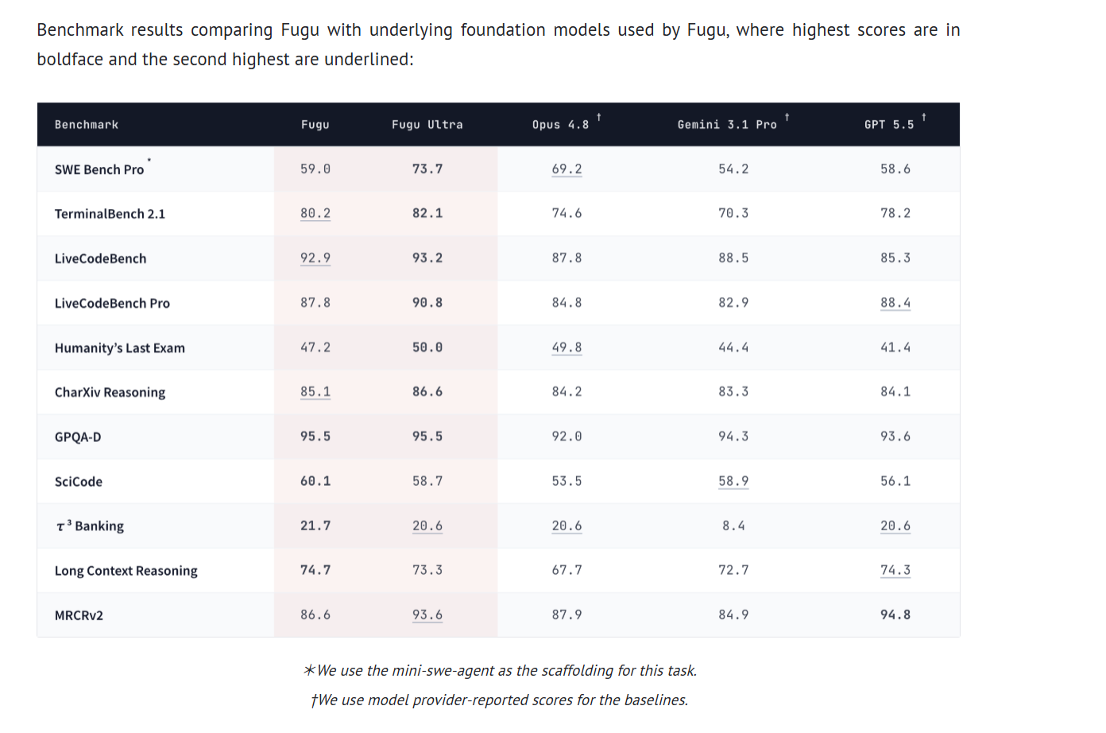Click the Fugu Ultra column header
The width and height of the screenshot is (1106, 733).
pyautogui.click(x=427, y=125)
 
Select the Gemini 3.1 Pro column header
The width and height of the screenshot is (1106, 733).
pyautogui.click(x=727, y=125)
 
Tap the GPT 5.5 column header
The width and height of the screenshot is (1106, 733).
pyautogui.click(x=889, y=125)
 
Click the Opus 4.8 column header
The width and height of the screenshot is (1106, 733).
pyautogui.click(x=560, y=125)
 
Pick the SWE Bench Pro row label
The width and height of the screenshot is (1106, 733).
pyautogui.click(x=99, y=169)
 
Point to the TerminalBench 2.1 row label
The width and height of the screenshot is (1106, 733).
pyautogui.click(x=110, y=214)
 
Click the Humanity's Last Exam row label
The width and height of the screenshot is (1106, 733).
pyautogui.click(x=119, y=347)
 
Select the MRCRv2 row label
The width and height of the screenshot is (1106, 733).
pyautogui.click(x=79, y=615)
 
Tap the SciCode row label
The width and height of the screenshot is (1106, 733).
pyautogui.click(x=78, y=482)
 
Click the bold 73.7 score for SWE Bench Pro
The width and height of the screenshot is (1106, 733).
pyautogui.click(x=427, y=169)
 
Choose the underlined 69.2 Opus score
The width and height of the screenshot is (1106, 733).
pyautogui.click(x=567, y=169)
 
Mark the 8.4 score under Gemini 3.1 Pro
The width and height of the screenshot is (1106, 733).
pyautogui.click(x=733, y=526)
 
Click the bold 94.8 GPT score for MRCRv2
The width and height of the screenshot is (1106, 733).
pyautogui.click(x=895, y=615)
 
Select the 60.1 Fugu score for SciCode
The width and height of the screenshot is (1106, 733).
pyautogui.click(x=315, y=481)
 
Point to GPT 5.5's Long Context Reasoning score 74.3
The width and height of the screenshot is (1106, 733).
pyautogui.click(x=895, y=570)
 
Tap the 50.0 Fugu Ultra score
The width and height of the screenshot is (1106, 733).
pyautogui.click(x=427, y=347)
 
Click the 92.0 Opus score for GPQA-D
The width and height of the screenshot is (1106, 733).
pyautogui.click(x=567, y=436)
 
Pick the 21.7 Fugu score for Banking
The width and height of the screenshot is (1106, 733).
pyautogui.click(x=315, y=526)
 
